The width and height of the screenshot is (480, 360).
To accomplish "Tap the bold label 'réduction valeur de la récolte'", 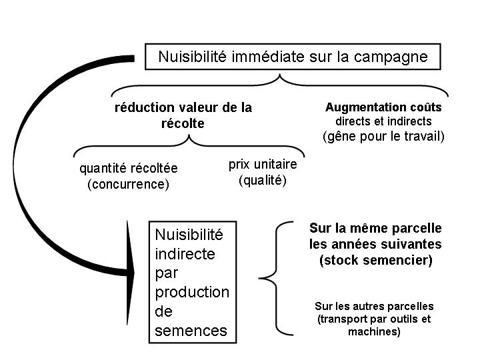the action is [183, 115].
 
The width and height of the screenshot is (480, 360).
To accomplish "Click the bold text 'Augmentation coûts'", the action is [383, 107].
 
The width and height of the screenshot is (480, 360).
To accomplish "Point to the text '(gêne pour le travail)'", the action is [383, 136].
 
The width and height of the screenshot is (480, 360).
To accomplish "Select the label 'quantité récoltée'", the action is [129, 169].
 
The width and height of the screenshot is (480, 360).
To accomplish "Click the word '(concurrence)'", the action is [128, 184].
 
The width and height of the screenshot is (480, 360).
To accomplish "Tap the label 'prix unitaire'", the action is [263, 165].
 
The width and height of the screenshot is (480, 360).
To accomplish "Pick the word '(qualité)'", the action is [263, 180].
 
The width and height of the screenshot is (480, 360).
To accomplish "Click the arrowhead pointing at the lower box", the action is [130, 273].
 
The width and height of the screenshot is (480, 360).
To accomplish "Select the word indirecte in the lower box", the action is [185, 254].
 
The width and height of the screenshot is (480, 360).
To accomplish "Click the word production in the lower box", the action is [192, 293].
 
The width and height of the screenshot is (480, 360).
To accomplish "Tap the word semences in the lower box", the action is [191, 331].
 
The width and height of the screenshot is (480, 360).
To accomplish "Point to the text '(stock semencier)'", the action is [375, 260].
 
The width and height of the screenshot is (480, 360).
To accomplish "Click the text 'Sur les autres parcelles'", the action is [374, 306].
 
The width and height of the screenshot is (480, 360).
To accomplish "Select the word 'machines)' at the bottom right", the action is [374, 331].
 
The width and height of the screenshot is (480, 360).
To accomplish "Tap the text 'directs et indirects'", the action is [383, 121].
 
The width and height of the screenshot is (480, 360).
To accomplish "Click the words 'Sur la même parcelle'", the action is [375, 229].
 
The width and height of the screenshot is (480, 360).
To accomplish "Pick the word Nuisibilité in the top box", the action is [192, 57].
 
